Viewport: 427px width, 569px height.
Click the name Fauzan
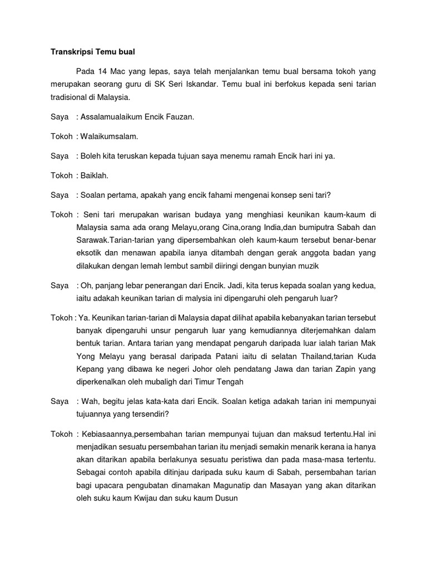pyautogui.click(x=176, y=117)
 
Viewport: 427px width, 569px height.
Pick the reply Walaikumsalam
pyautogui.click(x=110, y=136)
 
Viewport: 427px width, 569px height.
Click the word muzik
pyautogui.click(x=307, y=266)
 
